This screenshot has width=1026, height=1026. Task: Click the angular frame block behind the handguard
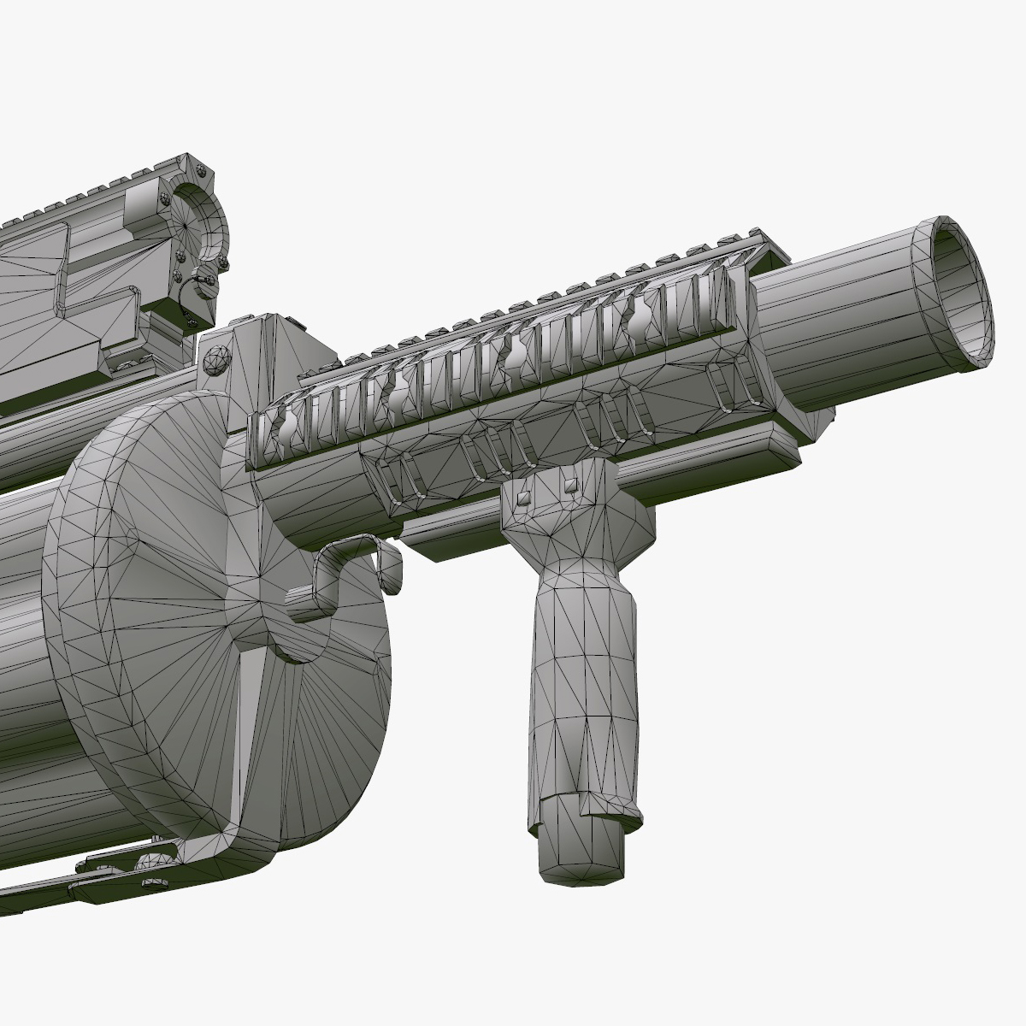[x=274, y=351]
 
